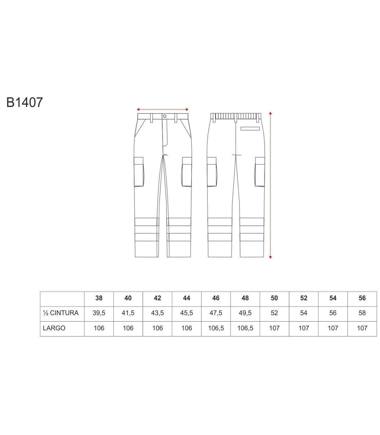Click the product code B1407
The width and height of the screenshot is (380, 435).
coord(25,102)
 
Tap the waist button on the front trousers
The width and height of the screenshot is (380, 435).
coord(165,116)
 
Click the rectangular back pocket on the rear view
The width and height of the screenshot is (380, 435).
coord(250,129)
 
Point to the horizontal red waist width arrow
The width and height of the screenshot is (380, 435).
coord(162,109)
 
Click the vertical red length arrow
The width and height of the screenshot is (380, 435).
coord(270,185)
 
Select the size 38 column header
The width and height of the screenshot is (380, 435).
coord(99,298)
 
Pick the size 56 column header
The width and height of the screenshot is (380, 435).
coord(362,298)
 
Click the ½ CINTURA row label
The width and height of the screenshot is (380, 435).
coord(61,313)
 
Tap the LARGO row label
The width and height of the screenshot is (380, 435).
coord(54,328)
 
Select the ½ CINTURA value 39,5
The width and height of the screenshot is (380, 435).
coord(99,313)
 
